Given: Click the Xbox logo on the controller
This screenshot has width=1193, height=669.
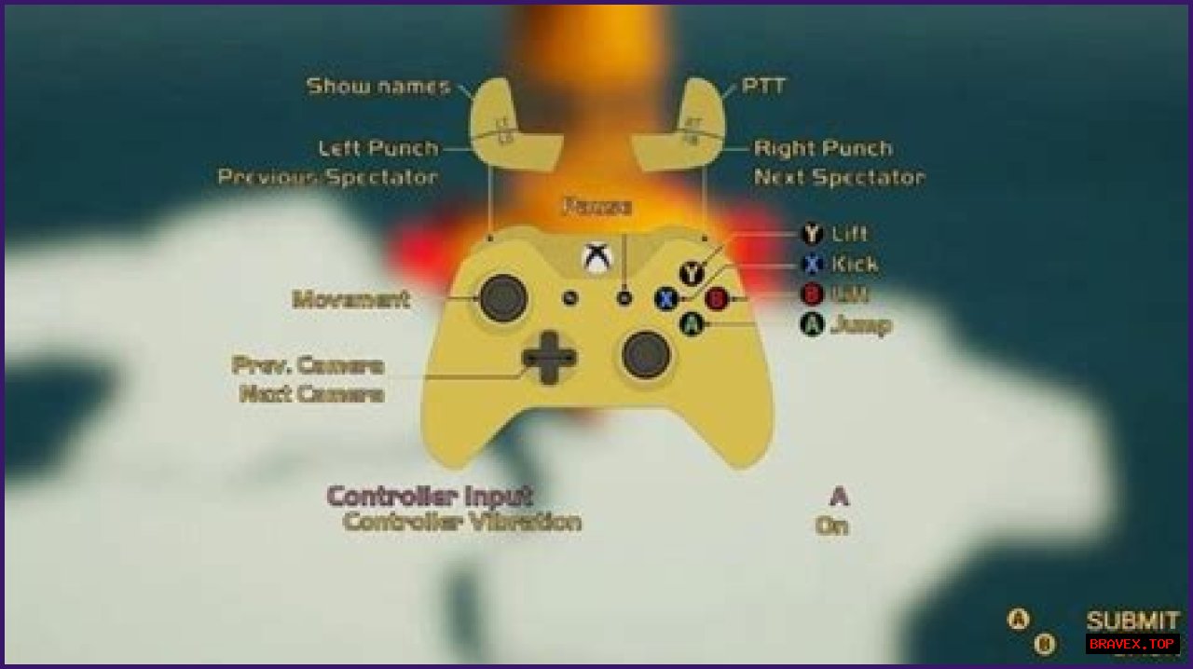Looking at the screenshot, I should pyautogui.click(x=596, y=258).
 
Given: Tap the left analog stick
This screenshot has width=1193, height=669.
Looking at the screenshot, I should pyautogui.click(x=502, y=297).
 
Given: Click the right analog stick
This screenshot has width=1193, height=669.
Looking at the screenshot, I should pyautogui.click(x=646, y=354).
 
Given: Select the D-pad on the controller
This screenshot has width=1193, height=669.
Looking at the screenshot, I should pyautogui.click(x=549, y=357).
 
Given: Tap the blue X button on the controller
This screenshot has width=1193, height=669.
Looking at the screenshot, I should pyautogui.click(x=665, y=299).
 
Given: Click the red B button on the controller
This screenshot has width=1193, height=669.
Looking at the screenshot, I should pyautogui.click(x=717, y=299).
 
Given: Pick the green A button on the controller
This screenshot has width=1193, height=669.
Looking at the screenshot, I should pyautogui.click(x=691, y=323).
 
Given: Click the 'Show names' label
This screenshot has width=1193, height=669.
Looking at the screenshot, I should pyautogui.click(x=377, y=87).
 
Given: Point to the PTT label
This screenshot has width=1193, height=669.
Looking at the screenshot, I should pyautogui.click(x=763, y=87).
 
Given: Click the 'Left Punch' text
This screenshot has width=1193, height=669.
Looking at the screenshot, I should pyautogui.click(x=377, y=148).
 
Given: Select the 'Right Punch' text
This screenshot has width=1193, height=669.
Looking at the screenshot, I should pyautogui.click(x=823, y=148).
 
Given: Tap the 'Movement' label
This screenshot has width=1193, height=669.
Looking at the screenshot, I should pyautogui.click(x=350, y=299).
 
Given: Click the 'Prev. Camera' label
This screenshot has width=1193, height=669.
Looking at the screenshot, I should pyautogui.click(x=308, y=365).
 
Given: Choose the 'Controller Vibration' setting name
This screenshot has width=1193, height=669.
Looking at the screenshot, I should pyautogui.click(x=461, y=522).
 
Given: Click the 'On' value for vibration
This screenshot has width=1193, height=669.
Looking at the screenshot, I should pyautogui.click(x=831, y=526).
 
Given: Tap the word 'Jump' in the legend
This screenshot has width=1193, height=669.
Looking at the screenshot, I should pyautogui.click(x=860, y=325).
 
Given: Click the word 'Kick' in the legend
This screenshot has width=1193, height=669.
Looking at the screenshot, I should pyautogui.click(x=854, y=265).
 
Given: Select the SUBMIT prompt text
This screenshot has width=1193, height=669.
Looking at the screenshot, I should pyautogui.click(x=1132, y=621).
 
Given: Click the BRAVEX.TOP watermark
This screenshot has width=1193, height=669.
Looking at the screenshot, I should pyautogui.click(x=1132, y=644).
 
